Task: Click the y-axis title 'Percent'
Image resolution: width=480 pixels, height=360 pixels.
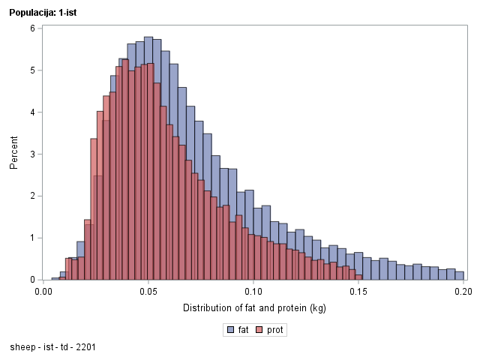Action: click(14, 153)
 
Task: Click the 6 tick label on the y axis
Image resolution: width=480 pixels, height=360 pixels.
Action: click(32, 28)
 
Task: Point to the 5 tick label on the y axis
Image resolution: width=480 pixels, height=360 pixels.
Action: click(32, 70)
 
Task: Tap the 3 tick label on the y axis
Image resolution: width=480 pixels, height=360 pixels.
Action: click(32, 154)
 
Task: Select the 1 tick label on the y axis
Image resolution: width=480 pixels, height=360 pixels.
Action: click(32, 238)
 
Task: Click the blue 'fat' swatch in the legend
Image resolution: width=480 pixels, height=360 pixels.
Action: click(229, 330)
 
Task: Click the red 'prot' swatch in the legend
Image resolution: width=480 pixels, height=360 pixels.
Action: click(260, 330)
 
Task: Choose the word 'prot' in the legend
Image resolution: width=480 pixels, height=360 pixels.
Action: click(275, 330)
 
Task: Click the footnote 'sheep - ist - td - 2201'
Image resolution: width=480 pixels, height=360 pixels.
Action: click(52, 348)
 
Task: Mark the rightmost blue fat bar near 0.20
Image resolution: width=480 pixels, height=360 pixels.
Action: click(459, 276)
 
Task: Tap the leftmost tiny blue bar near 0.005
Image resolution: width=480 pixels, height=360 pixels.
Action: click(55, 278)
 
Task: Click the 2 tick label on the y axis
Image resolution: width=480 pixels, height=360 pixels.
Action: click(32, 196)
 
